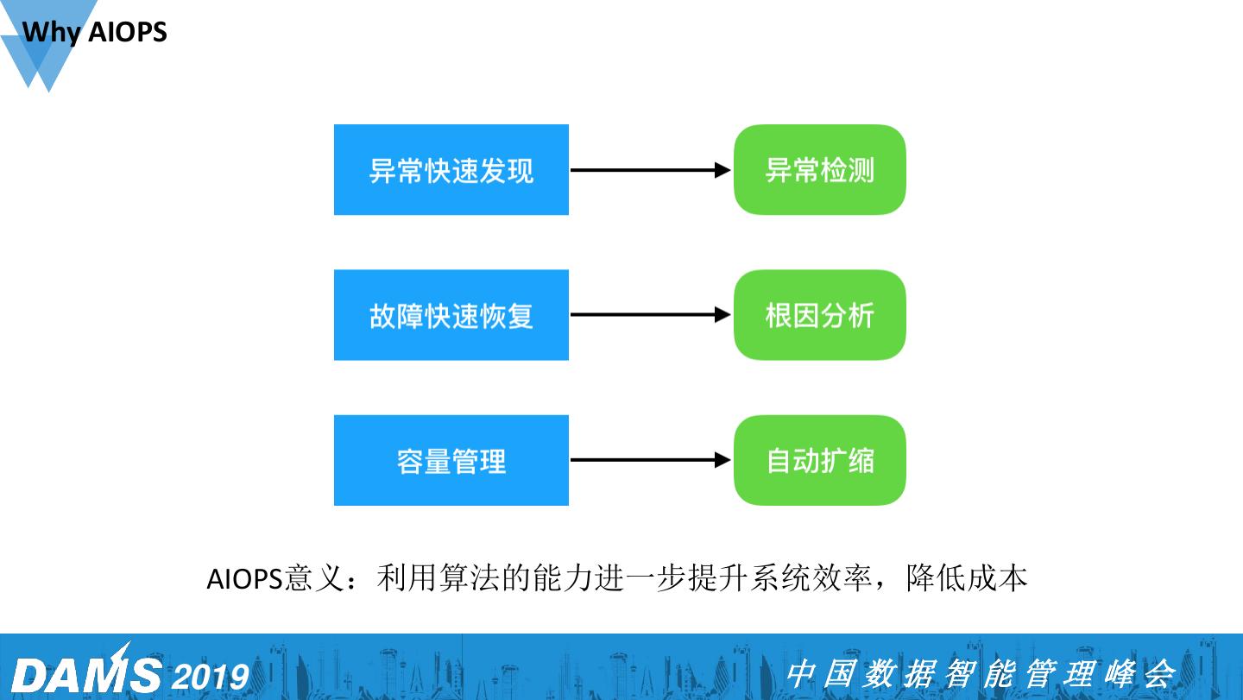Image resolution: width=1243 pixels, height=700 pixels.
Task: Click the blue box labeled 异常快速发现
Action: tap(451, 170)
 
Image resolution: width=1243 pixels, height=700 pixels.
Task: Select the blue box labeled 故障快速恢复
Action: tap(451, 315)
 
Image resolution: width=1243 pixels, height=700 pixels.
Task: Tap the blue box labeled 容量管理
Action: tap(451, 460)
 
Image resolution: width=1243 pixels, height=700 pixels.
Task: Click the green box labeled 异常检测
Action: tap(819, 170)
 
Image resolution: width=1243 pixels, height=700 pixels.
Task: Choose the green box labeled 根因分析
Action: tap(819, 315)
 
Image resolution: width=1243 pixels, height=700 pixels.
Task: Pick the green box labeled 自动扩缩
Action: tap(819, 460)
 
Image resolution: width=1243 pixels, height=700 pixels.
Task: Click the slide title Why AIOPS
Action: tap(95, 33)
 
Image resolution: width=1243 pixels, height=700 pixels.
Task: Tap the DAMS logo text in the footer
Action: tap(86, 673)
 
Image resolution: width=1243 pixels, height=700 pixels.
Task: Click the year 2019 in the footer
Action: tap(211, 676)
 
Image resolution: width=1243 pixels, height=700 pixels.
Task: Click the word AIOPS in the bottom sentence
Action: tap(244, 578)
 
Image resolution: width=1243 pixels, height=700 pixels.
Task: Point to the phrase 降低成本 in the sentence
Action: tap(967, 578)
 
